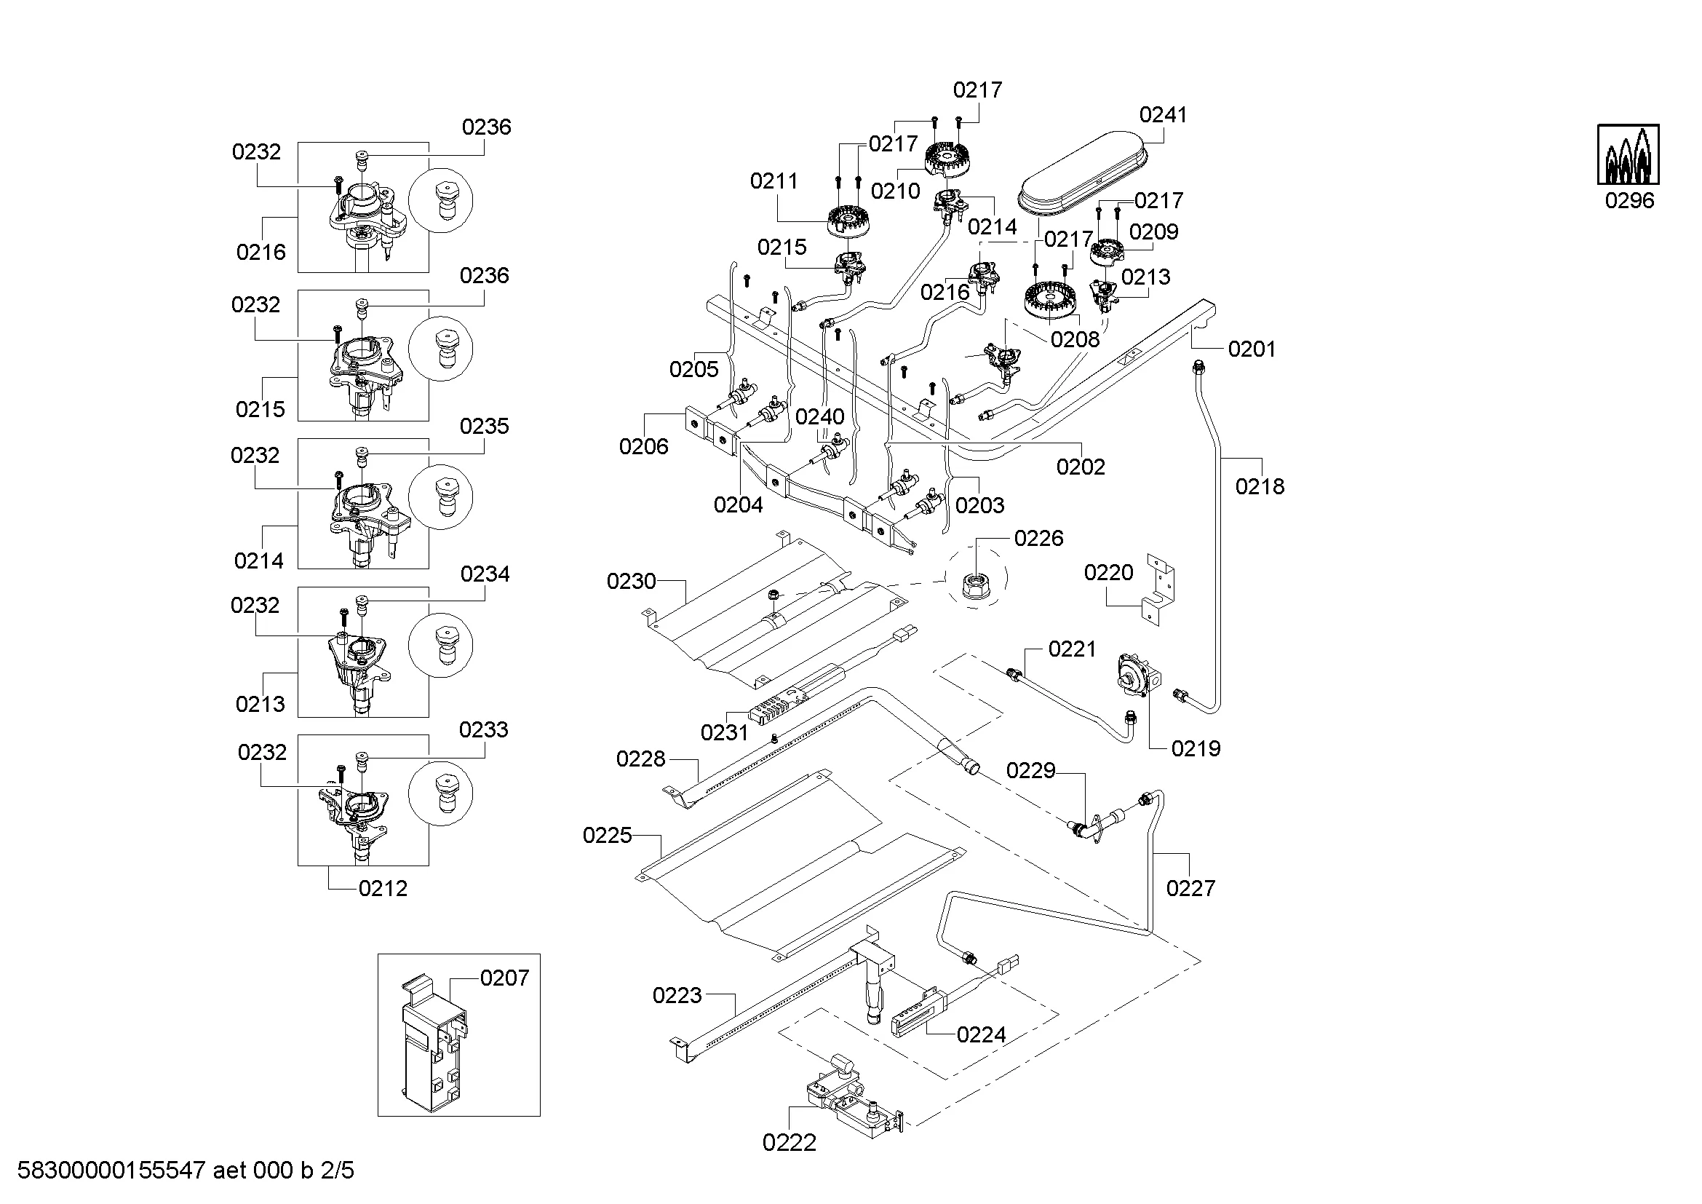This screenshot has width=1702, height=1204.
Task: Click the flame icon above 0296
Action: click(x=1628, y=154)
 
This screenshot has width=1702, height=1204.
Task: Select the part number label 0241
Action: click(x=1163, y=115)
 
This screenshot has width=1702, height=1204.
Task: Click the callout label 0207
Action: click(x=504, y=978)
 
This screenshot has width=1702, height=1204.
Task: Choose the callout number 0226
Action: click(x=1038, y=538)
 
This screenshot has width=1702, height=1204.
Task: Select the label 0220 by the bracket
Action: click(x=1108, y=572)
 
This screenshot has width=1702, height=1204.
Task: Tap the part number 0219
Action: click(x=1196, y=748)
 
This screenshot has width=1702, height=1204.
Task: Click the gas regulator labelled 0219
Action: click(x=1137, y=675)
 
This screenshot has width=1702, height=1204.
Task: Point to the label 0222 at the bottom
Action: click(x=789, y=1142)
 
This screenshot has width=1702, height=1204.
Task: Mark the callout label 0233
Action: click(x=483, y=729)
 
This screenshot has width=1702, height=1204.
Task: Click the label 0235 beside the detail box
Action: click(x=484, y=427)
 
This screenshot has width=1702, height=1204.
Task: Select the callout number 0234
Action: click(x=485, y=574)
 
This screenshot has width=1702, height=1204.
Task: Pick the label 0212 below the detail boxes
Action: click(x=383, y=888)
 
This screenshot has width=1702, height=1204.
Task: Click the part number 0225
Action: click(x=607, y=836)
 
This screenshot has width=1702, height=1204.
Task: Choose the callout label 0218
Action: click(x=1260, y=486)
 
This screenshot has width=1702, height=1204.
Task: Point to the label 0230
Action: click(x=632, y=581)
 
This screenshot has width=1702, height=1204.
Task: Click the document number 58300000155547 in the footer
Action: click(x=111, y=1171)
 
